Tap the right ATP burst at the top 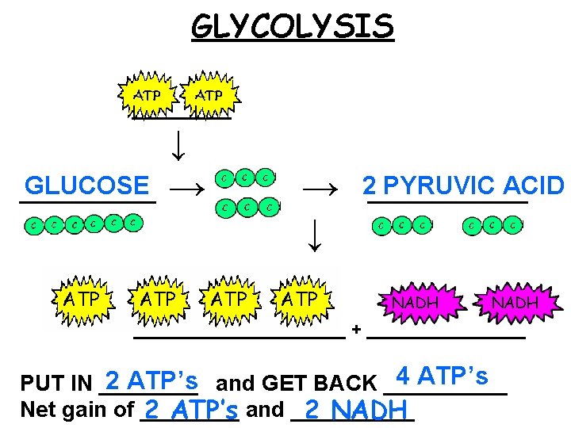210,95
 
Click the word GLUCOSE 86,186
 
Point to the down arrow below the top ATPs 180,143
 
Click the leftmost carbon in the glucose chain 33,225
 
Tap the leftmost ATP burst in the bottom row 82,300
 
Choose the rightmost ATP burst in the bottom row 300,300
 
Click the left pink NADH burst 416,302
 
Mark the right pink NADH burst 515,302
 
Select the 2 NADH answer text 358,410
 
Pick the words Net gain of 77,410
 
